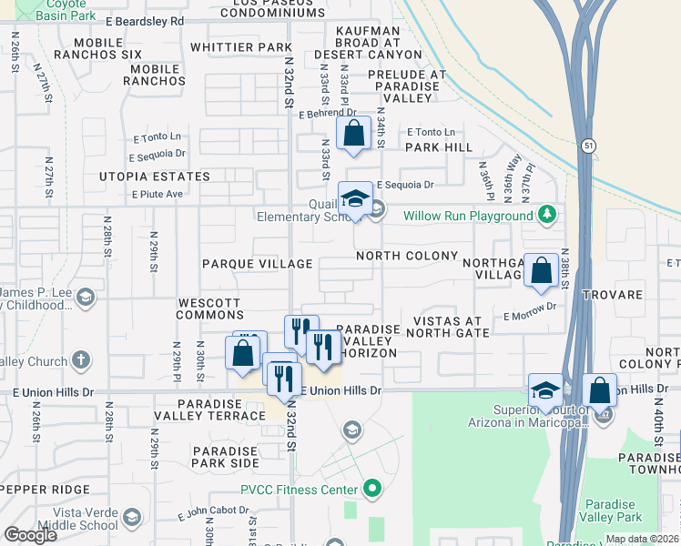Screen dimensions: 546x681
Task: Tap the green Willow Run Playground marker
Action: pos(546,216)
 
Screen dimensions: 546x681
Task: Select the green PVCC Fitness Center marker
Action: pos(371,490)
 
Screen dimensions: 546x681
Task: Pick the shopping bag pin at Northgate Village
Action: pos(542,270)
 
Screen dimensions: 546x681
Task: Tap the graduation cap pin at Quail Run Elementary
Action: pos(354,199)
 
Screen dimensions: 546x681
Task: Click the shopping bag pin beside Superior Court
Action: pos(600,390)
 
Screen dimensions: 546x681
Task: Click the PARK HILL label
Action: pos(439,147)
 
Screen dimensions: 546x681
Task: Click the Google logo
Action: pos(29,534)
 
